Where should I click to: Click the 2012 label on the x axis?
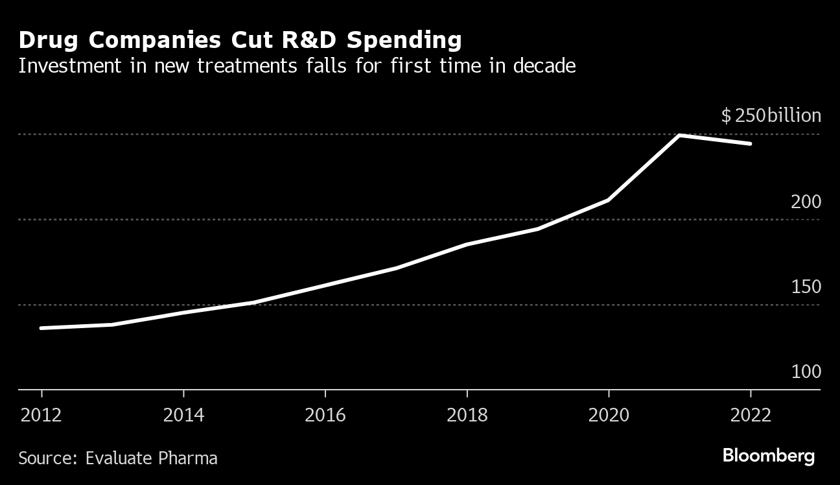[x=41, y=415]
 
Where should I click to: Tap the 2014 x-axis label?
[x=183, y=415]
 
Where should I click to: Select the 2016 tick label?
[x=325, y=415]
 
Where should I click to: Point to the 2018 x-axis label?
[x=467, y=415]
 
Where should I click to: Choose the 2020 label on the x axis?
[x=609, y=415]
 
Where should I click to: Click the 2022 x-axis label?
[x=751, y=415]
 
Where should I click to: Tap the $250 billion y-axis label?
[x=771, y=116]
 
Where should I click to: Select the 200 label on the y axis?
[x=806, y=202]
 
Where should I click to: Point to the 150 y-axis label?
[x=806, y=287]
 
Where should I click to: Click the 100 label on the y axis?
[x=806, y=372]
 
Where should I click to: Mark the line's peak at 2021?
[x=679, y=136]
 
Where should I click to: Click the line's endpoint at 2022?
[x=751, y=144]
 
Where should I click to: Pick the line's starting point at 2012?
[x=41, y=328]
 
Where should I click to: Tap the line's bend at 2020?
[x=609, y=200]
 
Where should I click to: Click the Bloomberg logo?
[x=768, y=456]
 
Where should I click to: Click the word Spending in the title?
[x=404, y=40]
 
